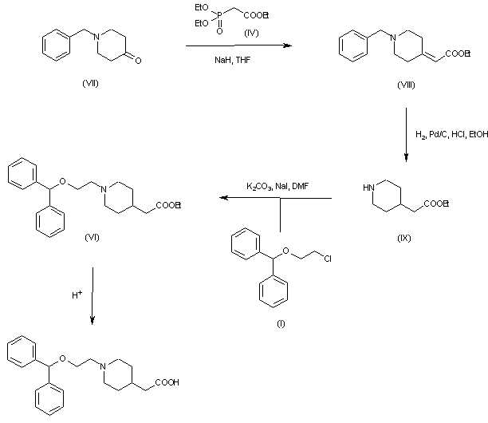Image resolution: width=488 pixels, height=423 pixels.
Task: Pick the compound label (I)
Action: point(278,324)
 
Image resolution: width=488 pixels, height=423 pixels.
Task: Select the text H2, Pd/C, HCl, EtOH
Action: point(451,134)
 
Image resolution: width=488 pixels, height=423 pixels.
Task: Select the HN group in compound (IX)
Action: point(367,188)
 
